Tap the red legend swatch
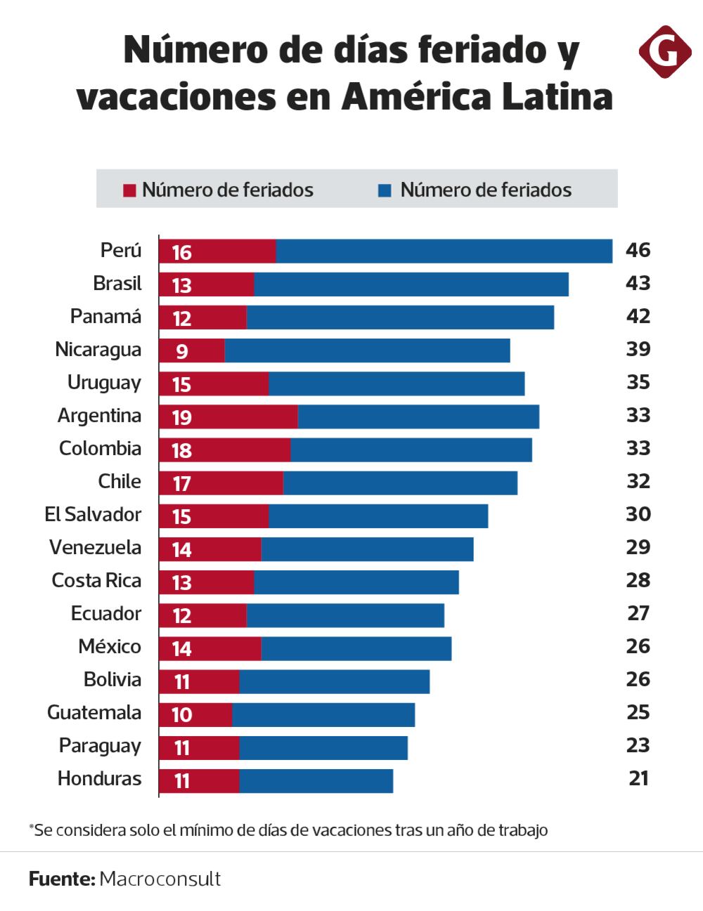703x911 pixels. [x=129, y=190]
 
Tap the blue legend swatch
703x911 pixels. [x=385, y=190]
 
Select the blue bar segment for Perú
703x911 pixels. [x=444, y=251]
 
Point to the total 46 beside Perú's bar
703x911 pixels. [x=638, y=250]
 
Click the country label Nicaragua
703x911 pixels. [x=98, y=350]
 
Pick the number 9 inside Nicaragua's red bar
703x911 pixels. [x=181, y=351]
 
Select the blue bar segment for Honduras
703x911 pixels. [x=316, y=780]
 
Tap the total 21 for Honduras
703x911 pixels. [x=638, y=778]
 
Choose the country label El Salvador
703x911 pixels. [x=93, y=514]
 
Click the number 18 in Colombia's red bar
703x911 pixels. [x=181, y=450]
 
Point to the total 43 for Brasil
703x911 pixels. [x=638, y=283]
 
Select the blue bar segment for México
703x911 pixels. [x=356, y=648]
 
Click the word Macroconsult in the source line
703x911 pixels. [x=160, y=879]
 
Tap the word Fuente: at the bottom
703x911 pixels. [x=62, y=879]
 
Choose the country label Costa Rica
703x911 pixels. [x=96, y=581]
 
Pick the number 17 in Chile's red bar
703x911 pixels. [x=181, y=483]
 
